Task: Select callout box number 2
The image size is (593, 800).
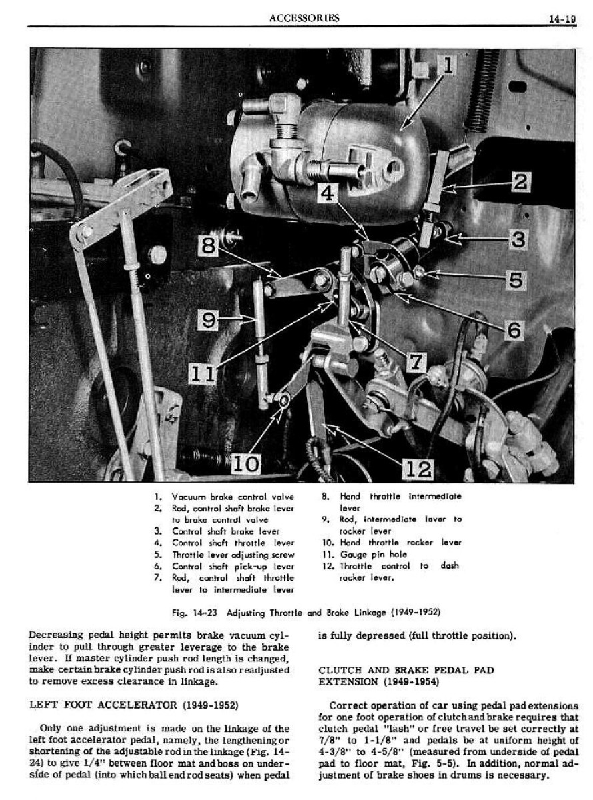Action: pos(520,181)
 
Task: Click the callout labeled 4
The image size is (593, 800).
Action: pos(327,194)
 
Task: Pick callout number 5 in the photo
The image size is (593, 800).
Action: pos(514,280)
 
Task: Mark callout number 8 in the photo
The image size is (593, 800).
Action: pos(209,246)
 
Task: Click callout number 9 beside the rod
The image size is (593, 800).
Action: pos(209,321)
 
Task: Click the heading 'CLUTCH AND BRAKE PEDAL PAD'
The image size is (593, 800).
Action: pos(406,670)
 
